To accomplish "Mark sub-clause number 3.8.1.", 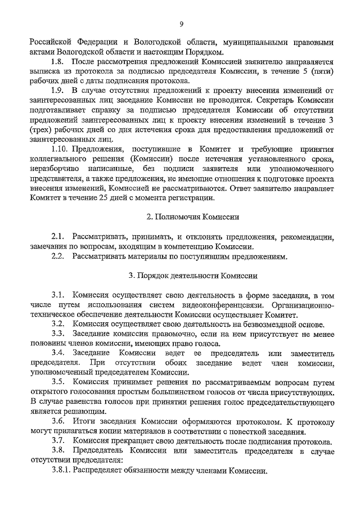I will [x=62, y=470].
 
